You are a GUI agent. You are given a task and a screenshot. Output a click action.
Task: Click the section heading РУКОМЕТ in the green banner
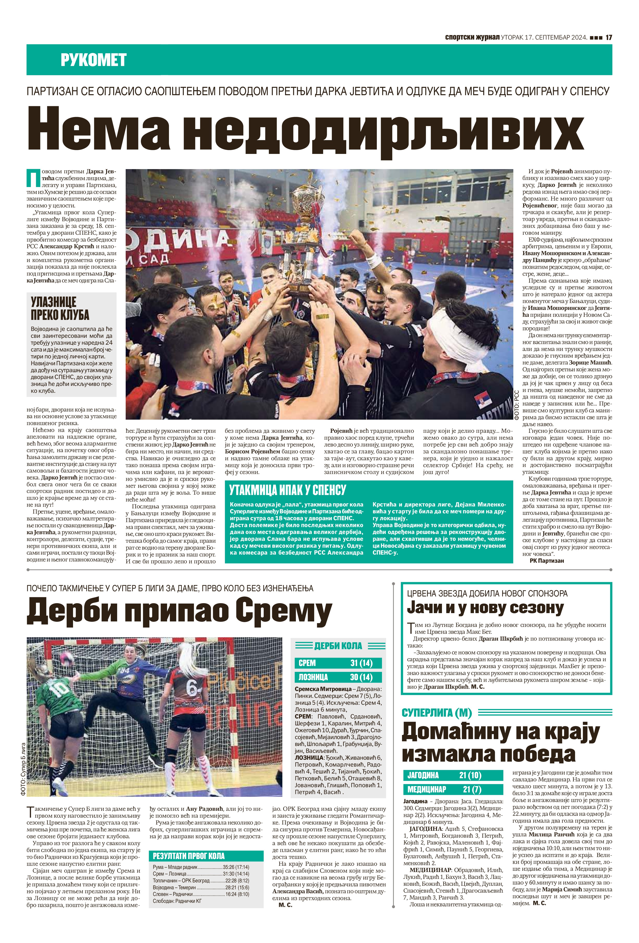click(x=93, y=60)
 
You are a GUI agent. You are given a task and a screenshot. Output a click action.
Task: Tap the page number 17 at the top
click(x=608, y=37)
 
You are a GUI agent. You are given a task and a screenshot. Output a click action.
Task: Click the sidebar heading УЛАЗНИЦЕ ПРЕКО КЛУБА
click(x=60, y=308)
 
